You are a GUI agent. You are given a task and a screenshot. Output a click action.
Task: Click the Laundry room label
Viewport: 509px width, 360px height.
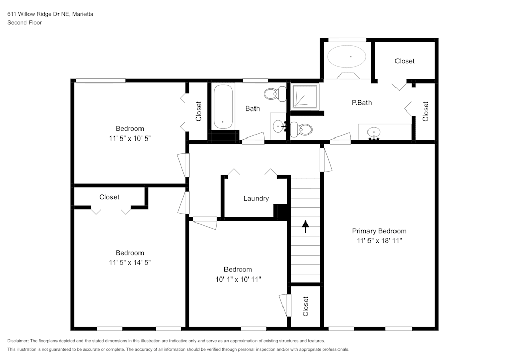pyautogui.click(x=256, y=198)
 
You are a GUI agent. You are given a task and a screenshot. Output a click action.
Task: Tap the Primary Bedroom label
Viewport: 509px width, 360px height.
pyautogui.click(x=379, y=231)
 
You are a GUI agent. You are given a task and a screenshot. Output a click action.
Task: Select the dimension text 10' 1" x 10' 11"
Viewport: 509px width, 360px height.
pyautogui.click(x=238, y=279)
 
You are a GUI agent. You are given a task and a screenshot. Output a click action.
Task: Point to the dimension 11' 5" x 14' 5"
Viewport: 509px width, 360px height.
pyautogui.click(x=129, y=262)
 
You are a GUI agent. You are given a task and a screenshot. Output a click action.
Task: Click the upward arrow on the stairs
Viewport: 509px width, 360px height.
pyautogui.click(x=305, y=227)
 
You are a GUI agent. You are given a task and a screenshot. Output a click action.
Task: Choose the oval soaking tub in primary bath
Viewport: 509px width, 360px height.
pyautogui.click(x=347, y=57)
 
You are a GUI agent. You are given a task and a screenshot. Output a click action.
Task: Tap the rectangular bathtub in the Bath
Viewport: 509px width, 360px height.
pyautogui.click(x=223, y=107)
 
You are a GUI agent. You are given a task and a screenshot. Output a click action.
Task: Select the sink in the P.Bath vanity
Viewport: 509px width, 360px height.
pyautogui.click(x=374, y=133)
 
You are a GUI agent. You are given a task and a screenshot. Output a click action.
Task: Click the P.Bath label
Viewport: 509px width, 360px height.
pyautogui.click(x=362, y=102)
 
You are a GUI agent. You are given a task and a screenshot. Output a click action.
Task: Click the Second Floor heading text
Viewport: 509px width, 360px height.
pyautogui.click(x=24, y=23)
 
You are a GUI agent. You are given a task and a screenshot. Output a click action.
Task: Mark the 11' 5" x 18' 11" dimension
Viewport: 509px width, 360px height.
pyautogui.click(x=379, y=240)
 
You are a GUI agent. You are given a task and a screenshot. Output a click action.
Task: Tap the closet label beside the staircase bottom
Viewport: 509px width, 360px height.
pyautogui.click(x=306, y=306)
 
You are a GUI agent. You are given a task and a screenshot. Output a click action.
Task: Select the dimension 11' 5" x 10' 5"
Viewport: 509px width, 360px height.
pyautogui.click(x=129, y=138)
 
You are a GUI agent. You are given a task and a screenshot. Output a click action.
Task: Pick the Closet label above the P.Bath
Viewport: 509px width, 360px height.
pyautogui.click(x=405, y=61)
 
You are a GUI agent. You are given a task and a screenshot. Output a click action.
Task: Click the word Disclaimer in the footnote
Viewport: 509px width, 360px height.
pyautogui.click(x=18, y=341)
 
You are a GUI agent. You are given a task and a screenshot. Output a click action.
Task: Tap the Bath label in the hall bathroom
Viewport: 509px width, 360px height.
pyautogui.click(x=252, y=108)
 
